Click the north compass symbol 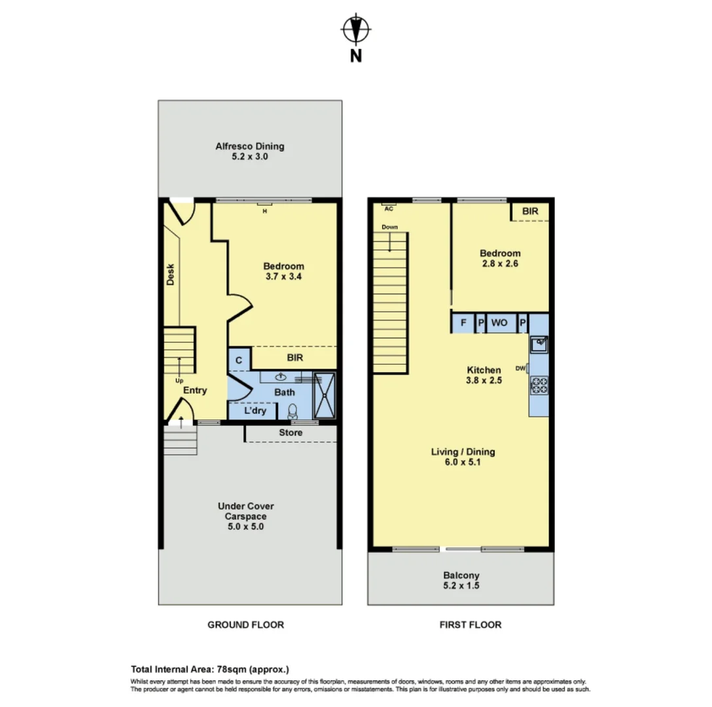point(356,29)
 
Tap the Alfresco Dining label point(250,146)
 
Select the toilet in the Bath point(293,411)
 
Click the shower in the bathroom point(325,395)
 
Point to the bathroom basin point(281,376)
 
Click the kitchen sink point(539,344)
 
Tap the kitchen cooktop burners point(539,386)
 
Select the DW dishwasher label point(520,369)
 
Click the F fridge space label point(463,323)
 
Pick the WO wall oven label point(499,323)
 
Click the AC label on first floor point(389,209)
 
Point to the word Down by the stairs point(389,227)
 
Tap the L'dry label point(255,410)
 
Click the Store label point(291,433)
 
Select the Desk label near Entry point(170,274)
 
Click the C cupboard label point(239,360)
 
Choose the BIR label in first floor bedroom point(530,211)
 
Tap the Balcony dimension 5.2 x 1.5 point(461,585)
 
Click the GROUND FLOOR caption point(245,625)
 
